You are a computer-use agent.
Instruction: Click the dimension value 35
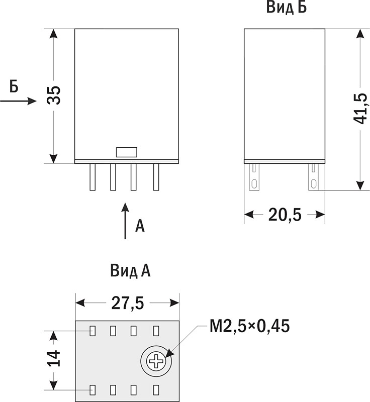54,95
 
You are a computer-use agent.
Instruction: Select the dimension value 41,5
360,109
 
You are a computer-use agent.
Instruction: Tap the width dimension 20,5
285,215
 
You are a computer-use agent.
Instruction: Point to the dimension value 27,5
128,303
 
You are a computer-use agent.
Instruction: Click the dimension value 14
54,358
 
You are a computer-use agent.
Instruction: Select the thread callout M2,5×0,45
250,326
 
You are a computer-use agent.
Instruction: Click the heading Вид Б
287,7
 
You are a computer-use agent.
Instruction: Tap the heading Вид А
130,271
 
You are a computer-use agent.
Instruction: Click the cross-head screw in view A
156,361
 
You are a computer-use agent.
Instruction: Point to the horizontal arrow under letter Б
19,101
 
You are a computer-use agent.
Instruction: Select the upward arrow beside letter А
125,221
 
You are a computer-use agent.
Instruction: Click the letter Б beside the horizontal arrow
14,86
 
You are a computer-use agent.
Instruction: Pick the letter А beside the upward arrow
140,226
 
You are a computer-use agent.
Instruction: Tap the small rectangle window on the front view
127,152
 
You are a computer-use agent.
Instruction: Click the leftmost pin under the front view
92,177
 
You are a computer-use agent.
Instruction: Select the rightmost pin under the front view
156,177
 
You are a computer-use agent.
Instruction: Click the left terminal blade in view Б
254,177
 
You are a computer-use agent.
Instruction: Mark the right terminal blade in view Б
313,177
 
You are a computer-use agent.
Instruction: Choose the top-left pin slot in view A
93,331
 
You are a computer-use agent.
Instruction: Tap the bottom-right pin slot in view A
156,390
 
